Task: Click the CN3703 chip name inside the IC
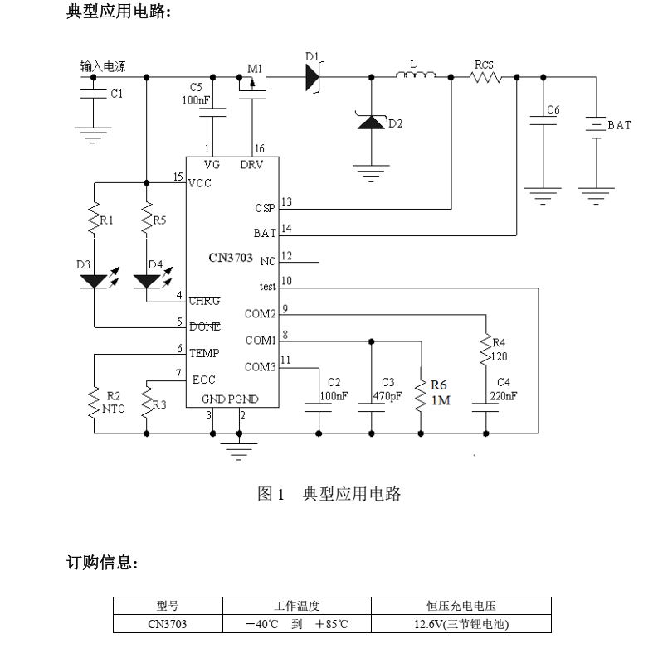(231, 258)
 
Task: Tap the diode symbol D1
(311, 77)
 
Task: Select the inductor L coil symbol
(415, 77)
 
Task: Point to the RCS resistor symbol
(485, 77)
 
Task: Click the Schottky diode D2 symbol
(370, 123)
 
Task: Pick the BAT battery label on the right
(619, 125)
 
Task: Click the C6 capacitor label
(553, 110)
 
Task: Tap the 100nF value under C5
(196, 99)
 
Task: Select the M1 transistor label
(254, 67)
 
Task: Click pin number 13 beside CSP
(287, 201)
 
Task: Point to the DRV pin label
(251, 165)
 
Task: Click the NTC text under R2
(114, 409)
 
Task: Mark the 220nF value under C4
(503, 395)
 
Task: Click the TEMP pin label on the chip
(204, 353)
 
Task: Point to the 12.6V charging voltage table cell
(461, 624)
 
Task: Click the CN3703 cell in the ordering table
(168, 624)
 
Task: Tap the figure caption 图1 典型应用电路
(329, 495)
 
